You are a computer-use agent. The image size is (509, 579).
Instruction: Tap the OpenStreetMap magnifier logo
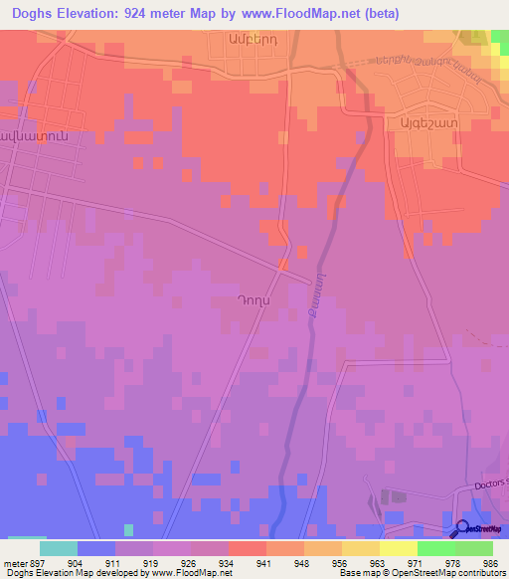[462, 528]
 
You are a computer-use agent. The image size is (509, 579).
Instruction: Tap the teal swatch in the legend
[58, 548]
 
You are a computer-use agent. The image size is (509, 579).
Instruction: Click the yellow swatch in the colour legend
[398, 548]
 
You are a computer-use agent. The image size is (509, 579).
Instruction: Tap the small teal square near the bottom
[128, 529]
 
